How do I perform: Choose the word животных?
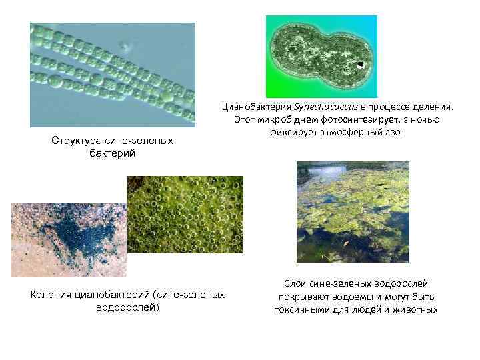(415, 309)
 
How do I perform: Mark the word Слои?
(296, 283)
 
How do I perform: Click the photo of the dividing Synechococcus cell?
(321, 56)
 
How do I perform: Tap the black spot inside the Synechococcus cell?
(361, 65)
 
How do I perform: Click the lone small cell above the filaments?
(123, 47)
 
